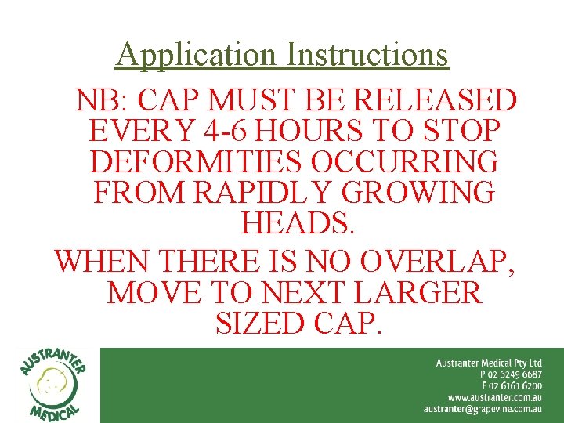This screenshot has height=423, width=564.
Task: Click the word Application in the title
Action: [197, 55]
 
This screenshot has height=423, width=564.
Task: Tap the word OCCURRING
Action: [405, 161]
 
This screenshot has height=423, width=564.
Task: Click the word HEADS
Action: [298, 222]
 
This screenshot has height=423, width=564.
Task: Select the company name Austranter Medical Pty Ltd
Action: [489, 363]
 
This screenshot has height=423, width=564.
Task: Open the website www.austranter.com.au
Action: [495, 397]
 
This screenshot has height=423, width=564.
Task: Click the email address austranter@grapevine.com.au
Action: [483, 409]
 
